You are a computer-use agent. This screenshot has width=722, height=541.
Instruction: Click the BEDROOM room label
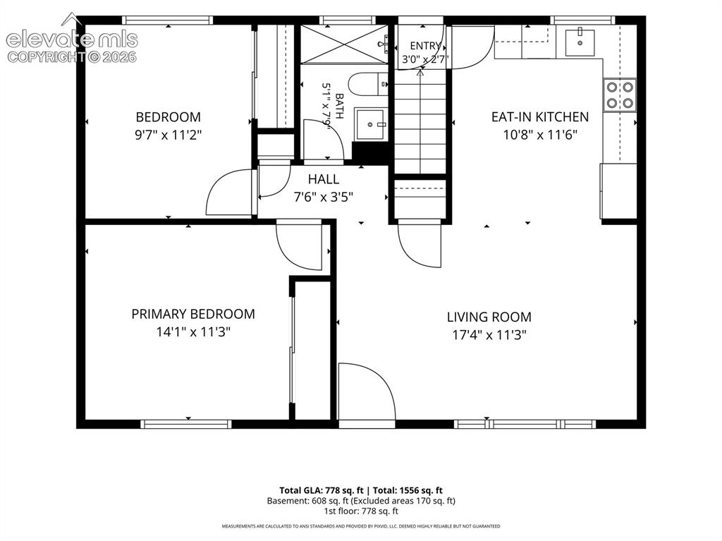pyautogui.click(x=168, y=117)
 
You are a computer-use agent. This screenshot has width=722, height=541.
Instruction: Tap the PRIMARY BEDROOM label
pyautogui.click(x=193, y=314)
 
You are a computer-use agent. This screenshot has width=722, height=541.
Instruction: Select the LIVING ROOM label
pyautogui.click(x=489, y=317)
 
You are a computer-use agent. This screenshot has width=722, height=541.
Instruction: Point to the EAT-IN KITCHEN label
pyautogui.click(x=539, y=117)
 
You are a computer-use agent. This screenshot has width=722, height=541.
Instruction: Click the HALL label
pyautogui.click(x=323, y=179)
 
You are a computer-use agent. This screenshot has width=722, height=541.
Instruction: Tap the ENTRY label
pyautogui.click(x=425, y=46)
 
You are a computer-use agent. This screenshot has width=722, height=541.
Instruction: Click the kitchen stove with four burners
pyautogui.click(x=620, y=95)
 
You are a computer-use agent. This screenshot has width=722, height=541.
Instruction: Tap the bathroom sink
pyautogui.click(x=369, y=124)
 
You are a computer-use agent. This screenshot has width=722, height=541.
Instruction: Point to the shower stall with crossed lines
pyautogui.click(x=344, y=44)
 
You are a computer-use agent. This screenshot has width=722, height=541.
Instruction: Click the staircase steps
pyautogui.click(x=420, y=122)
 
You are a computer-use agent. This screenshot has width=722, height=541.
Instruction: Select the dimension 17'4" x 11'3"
pyautogui.click(x=489, y=334)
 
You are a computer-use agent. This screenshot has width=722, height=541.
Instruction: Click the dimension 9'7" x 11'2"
pyautogui.click(x=169, y=135)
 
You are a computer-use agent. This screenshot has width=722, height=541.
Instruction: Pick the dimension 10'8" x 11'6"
pyautogui.click(x=540, y=135)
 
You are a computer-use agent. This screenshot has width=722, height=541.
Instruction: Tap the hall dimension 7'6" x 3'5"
pyautogui.click(x=323, y=197)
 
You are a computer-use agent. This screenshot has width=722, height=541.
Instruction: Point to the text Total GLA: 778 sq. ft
pyautogui.click(x=322, y=490)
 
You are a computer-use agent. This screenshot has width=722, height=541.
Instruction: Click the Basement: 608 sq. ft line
pyautogui.click(x=361, y=501)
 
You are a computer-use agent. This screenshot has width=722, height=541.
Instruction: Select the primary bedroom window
pyautogui.click(x=186, y=424)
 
